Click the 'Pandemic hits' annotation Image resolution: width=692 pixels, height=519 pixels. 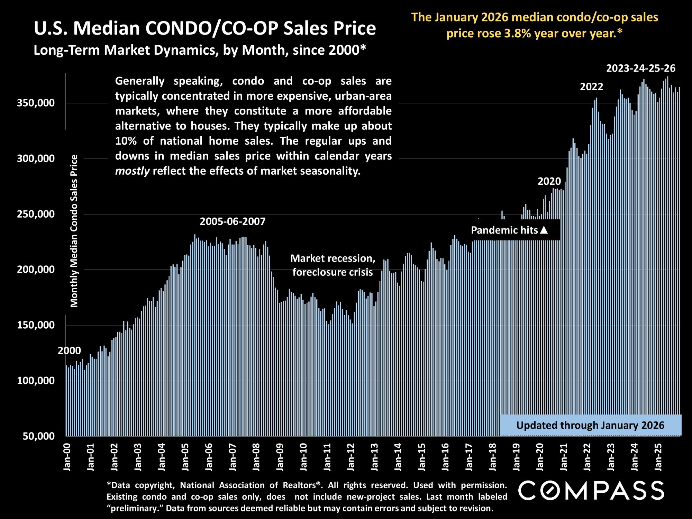click(x=504, y=230)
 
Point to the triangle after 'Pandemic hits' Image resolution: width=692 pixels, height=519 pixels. click(x=544, y=230)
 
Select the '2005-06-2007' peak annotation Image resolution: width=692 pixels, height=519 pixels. click(x=233, y=221)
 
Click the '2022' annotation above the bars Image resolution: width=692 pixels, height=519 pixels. click(x=591, y=86)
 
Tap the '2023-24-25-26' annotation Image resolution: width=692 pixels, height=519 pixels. click(x=641, y=69)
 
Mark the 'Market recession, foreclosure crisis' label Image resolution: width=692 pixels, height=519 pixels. click(x=333, y=265)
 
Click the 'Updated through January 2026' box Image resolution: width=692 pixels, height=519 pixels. click(x=590, y=425)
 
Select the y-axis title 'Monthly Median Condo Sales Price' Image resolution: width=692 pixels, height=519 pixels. click(x=74, y=231)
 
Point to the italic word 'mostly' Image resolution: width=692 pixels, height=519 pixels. click(x=132, y=171)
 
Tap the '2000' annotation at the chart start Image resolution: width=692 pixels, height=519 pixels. click(x=69, y=350)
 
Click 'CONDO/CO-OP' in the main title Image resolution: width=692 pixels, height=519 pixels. click(x=212, y=28)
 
